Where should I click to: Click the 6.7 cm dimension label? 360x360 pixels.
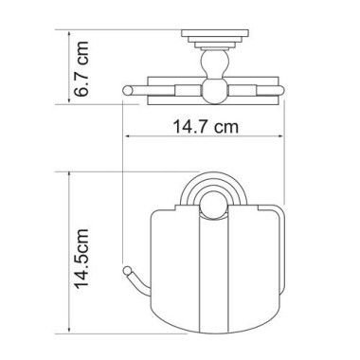click(81, 68)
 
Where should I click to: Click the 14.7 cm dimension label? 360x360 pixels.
click(206, 127)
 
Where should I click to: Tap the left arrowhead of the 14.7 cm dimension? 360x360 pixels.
click(129, 136)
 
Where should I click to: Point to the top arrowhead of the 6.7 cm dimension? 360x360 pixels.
click(69, 33)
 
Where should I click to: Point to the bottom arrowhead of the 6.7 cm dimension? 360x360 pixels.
click(69, 100)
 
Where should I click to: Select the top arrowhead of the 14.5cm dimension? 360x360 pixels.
click(69, 175)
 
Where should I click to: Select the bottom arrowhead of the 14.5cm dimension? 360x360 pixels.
click(69, 330)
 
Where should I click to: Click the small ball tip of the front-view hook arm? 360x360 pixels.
click(127, 271)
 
